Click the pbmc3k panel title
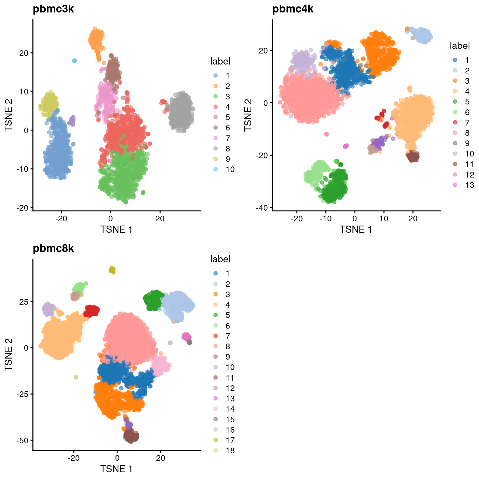(53, 9)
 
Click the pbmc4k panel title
(293, 9)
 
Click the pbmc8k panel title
(53, 248)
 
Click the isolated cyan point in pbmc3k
(74, 61)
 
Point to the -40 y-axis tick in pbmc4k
(263, 208)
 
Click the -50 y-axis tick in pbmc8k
(23, 441)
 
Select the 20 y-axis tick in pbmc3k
(24, 53)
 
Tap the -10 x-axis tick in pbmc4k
(325, 218)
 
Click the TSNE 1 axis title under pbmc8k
(116, 469)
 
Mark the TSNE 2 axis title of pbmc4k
(248, 115)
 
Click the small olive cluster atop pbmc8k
(112, 270)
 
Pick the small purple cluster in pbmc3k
(72, 121)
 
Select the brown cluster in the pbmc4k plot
(413, 156)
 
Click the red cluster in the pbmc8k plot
(92, 311)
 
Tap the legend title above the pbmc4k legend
(460, 46)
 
